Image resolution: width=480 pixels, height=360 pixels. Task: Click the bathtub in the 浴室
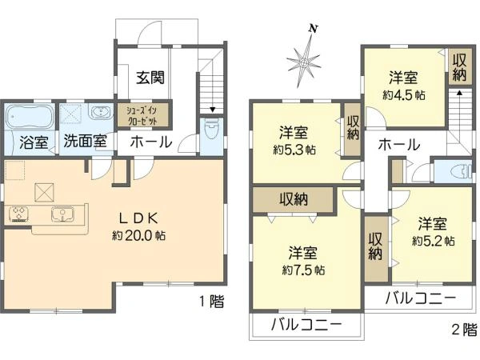[29, 118]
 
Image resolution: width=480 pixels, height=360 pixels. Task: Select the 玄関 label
[150, 78]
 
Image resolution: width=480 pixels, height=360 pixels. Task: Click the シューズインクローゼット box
[142, 116]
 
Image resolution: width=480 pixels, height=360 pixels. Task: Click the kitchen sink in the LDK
[61, 214]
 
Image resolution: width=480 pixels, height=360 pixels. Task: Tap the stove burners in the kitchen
[19, 214]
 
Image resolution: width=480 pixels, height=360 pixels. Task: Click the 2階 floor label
[463, 328]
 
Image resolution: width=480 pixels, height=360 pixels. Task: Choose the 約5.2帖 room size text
[434, 239]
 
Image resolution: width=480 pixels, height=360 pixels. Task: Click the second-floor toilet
[452, 172]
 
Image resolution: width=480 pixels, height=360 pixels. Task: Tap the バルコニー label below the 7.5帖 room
[305, 325]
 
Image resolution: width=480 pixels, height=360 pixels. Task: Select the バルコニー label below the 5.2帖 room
[418, 298]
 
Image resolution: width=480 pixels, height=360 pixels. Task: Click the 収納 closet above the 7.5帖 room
[294, 198]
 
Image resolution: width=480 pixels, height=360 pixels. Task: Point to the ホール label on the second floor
[398, 145]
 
